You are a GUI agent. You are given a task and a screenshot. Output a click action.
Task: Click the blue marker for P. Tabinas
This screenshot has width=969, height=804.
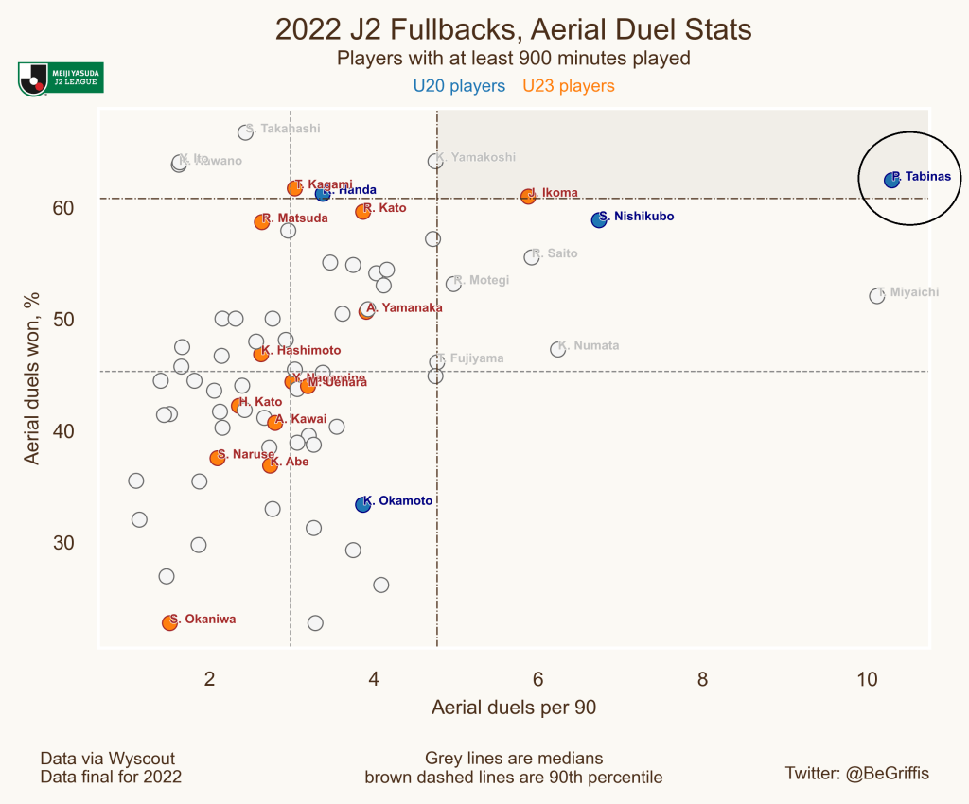891,180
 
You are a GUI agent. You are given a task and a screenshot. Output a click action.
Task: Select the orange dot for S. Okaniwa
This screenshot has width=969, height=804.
169,622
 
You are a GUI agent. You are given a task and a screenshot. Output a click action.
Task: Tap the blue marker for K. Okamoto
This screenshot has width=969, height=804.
362,504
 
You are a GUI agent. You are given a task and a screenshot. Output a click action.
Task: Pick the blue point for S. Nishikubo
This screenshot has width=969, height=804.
598,219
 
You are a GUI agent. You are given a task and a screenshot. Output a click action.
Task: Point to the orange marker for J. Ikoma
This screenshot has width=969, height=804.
528,197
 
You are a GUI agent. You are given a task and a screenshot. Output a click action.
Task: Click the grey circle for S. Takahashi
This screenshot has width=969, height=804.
245,131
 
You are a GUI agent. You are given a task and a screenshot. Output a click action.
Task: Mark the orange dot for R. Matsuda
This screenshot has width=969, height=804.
262,221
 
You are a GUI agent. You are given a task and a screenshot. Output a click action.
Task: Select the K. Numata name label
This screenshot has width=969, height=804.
589,346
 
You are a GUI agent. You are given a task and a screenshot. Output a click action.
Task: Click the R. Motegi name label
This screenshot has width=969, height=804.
482,280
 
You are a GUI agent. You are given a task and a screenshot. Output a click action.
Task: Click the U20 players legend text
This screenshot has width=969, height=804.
459,86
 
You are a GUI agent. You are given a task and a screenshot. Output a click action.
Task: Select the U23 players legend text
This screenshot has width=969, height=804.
569,86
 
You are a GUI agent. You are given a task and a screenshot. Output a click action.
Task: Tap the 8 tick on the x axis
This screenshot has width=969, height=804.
702,678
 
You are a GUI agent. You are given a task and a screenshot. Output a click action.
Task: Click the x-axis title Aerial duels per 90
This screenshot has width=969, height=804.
513,708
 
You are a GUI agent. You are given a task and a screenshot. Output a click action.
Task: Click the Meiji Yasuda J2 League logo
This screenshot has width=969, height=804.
60,79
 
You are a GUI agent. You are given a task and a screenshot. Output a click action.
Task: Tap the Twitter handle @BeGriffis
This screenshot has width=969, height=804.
857,773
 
